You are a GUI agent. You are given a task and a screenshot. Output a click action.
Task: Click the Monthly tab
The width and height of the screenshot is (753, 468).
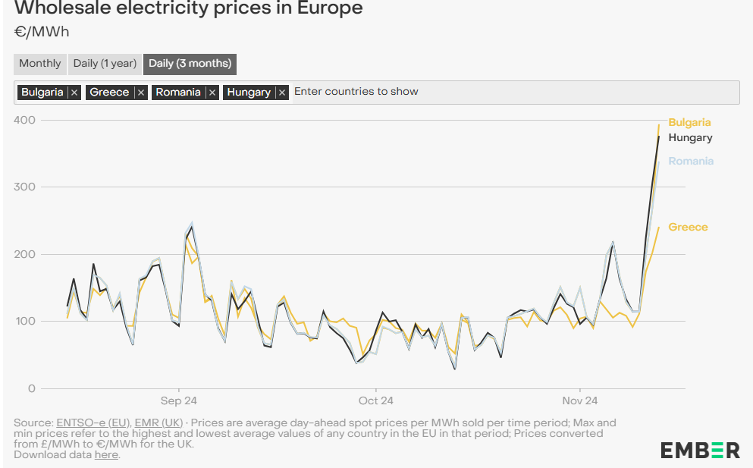click(x=40, y=64)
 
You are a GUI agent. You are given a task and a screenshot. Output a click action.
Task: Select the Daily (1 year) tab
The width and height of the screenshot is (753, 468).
click(x=105, y=64)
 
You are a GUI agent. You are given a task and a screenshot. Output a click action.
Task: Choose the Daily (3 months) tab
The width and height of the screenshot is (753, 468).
click(x=190, y=64)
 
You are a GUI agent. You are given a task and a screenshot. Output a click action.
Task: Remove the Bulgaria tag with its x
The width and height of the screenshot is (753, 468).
click(x=74, y=93)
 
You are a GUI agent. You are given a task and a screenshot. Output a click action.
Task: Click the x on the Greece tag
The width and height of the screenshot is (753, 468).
click(x=140, y=93)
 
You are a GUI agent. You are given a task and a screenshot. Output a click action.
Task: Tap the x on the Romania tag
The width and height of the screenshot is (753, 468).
click(x=212, y=93)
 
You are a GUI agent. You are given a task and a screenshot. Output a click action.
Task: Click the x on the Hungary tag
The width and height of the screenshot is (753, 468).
click(x=282, y=93)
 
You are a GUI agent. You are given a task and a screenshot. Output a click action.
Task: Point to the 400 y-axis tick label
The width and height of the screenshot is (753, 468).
click(x=25, y=120)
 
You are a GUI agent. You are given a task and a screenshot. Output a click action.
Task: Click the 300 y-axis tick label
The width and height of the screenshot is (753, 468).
click(x=25, y=187)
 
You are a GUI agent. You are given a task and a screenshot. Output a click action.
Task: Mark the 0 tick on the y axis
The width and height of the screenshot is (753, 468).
click(x=30, y=388)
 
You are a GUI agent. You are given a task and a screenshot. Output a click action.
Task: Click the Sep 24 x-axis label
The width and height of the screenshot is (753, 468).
click(x=178, y=400)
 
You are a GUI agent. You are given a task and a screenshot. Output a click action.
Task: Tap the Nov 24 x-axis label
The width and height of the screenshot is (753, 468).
click(x=580, y=400)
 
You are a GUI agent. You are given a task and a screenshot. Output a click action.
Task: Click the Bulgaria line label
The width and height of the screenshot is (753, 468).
click(x=689, y=122)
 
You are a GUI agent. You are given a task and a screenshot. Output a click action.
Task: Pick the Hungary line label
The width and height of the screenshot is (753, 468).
click(x=690, y=137)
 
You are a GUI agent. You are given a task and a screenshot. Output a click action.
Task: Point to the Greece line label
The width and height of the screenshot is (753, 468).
click(x=688, y=227)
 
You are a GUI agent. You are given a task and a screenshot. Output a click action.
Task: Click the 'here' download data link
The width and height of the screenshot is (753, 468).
click(x=106, y=454)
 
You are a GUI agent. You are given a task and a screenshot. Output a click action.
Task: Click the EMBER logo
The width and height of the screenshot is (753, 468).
click(x=699, y=450)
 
